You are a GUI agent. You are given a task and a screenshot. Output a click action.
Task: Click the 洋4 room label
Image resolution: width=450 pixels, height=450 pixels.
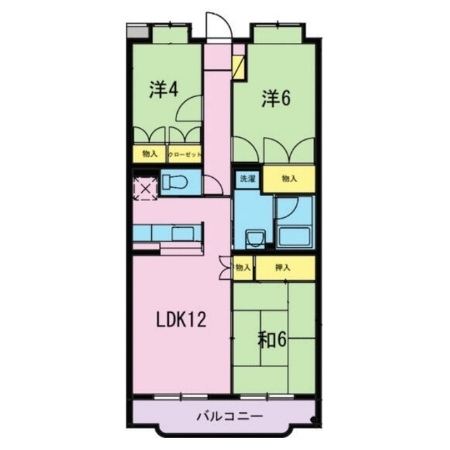coord(164,90)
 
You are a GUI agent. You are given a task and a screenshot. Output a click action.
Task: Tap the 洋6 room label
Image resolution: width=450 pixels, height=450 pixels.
coord(276,98)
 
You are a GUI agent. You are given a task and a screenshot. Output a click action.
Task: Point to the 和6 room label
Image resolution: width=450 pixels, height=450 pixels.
coord(272,340)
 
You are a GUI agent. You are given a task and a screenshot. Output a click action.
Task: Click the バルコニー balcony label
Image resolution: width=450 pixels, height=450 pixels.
coord(229,416)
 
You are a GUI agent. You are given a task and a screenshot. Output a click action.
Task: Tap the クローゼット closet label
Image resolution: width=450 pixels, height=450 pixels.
coord(184,155)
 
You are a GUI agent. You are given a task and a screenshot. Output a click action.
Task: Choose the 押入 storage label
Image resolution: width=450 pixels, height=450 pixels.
coord(283,268)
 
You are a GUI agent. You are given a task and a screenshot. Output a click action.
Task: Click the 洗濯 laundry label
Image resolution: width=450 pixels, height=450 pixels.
coord(247,179)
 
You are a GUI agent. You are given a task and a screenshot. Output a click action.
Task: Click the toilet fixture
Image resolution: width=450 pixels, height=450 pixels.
coord(175,182)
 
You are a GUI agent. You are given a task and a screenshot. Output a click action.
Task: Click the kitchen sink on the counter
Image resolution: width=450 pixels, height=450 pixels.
coord(183,233)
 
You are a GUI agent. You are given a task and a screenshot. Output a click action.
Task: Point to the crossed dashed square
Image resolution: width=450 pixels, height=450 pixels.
coord(146,188)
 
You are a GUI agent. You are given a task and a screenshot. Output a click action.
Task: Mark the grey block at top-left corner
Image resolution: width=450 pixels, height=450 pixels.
coord(138,31)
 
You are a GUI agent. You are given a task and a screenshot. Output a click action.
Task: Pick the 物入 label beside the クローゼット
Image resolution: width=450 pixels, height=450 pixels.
coord(150,154)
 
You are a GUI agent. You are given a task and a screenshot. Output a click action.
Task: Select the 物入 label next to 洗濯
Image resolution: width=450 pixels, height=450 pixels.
coord(289,179)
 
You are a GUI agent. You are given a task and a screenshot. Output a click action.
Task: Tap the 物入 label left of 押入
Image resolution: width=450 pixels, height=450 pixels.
coord(243,268)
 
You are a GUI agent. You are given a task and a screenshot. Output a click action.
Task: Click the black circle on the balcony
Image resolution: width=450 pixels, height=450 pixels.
coord(314,420)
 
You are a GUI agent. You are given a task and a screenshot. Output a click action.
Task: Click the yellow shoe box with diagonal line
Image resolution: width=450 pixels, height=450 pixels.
coord(238,67)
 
